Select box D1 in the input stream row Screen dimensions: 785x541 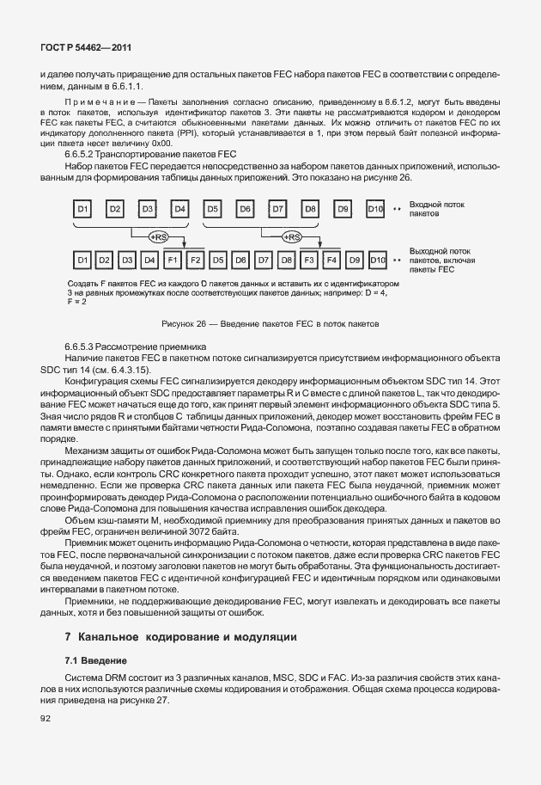[x=82, y=209]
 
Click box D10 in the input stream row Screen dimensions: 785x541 [x=374, y=209]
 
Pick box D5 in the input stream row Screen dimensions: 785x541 [x=212, y=209]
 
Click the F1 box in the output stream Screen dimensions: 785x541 [x=172, y=259]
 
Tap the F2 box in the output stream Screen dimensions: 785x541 [x=195, y=259]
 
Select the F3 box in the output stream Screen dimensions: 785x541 [x=309, y=259]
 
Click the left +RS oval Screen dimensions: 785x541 [x=158, y=236]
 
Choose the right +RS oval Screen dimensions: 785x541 [x=294, y=236]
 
